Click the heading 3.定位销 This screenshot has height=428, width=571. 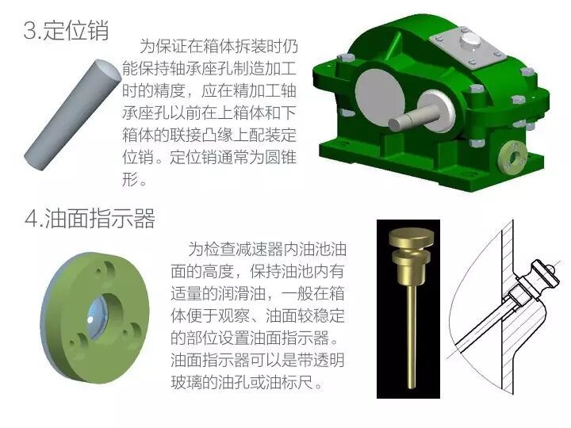[x=66, y=31]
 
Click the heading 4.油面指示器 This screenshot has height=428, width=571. [x=90, y=219]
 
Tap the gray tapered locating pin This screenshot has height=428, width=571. [x=72, y=114]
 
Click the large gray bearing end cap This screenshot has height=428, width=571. [x=380, y=93]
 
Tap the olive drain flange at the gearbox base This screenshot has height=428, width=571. [x=513, y=158]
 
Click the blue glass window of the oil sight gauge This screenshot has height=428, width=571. [x=98, y=316]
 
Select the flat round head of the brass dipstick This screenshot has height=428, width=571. [x=412, y=237]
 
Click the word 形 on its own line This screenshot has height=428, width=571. [x=130, y=179]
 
